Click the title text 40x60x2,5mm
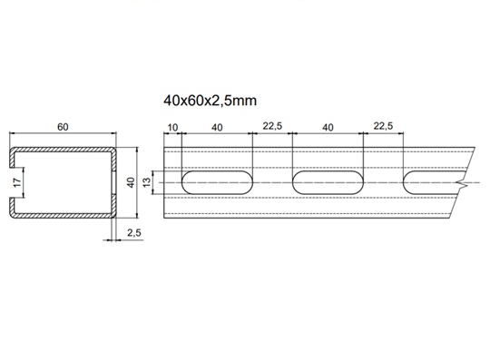pos(210,101)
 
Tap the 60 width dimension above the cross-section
pos(63,127)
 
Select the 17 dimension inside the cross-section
pos(17,182)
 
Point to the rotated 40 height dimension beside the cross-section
pos(132,182)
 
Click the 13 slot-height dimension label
pos(147,182)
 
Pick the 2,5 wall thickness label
pos(134,233)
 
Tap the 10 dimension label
pos(172,127)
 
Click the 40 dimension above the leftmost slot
pos(217,127)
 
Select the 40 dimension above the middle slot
pos(328,127)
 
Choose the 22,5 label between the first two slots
pos(272,126)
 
